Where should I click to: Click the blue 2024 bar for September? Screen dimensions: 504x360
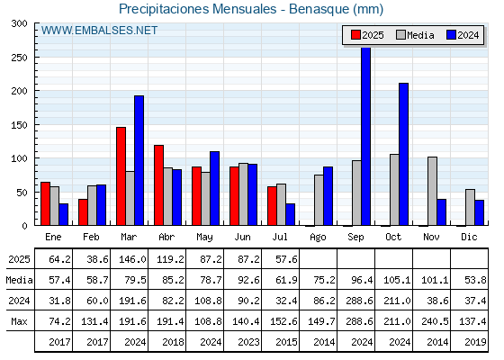click(x=365, y=136)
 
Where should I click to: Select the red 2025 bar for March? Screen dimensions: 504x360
click(x=121, y=176)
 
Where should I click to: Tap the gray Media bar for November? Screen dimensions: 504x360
click(x=432, y=191)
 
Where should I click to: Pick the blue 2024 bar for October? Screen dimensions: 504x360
click(x=404, y=154)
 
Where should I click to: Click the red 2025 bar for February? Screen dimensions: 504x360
click(x=83, y=212)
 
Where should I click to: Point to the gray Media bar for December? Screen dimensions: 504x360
click(x=470, y=207)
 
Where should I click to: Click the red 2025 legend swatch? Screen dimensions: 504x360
click(x=355, y=35)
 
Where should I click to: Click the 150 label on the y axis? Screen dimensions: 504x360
click(x=19, y=125)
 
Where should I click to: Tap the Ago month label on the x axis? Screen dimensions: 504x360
click(x=318, y=238)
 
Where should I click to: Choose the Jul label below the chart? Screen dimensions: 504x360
click(x=280, y=237)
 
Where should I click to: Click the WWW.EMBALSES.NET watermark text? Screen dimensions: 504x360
click(x=99, y=31)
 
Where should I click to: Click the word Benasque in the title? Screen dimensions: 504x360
click(x=319, y=9)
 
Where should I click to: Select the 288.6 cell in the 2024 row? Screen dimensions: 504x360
click(x=359, y=301)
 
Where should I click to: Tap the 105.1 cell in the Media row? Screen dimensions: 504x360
click(x=397, y=280)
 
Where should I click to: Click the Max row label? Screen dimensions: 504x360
click(x=19, y=321)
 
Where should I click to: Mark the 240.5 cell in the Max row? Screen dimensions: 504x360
click(x=435, y=321)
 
